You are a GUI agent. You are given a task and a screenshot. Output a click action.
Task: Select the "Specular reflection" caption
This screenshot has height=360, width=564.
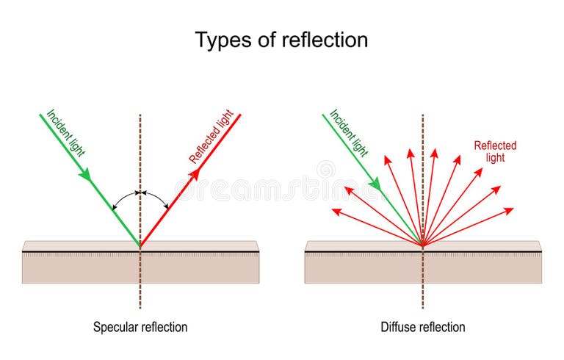coord(140,327)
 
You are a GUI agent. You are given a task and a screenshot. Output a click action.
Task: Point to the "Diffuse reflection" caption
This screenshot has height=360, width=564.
coord(423,327)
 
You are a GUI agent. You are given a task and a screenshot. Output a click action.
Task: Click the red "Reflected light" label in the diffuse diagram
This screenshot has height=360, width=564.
coord(495,151)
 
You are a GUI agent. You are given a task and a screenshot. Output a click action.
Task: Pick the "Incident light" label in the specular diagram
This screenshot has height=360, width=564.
coord(66,133)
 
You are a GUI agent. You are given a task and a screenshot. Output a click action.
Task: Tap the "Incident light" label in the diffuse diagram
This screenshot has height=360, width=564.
coord(349,133)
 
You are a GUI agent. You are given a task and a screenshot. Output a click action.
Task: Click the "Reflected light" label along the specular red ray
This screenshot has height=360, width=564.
coord(211,137)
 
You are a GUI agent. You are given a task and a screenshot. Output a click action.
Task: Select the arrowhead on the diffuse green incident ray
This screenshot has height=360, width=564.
coord(375,183)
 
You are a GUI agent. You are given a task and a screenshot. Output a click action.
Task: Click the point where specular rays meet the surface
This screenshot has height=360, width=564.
coord(140,245)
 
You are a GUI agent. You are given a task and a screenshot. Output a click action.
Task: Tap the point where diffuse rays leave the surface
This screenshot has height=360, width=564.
coord(423,245)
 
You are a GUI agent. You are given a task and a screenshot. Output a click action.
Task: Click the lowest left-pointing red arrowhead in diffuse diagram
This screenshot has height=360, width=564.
coord(337,212)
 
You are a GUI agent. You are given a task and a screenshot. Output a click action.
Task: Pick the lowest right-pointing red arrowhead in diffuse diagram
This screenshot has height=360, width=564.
coord(509,211)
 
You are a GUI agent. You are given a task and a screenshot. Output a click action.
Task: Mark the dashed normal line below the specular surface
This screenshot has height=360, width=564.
coord(140,294)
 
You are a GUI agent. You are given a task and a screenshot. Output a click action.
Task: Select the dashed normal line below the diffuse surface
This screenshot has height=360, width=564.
coord(423,294)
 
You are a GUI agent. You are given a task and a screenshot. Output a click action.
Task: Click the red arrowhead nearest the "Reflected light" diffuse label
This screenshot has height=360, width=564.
coord(478,173)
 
